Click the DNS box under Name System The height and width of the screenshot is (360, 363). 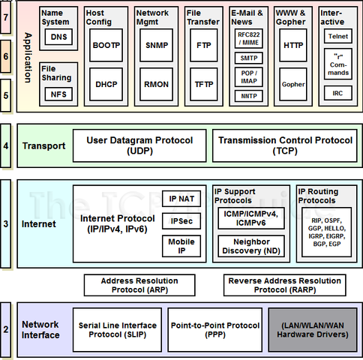[x=58, y=37]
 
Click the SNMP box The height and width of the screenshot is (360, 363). [x=156, y=46]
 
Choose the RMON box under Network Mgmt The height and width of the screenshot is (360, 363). [x=156, y=85]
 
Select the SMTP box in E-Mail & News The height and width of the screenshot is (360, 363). [x=248, y=57]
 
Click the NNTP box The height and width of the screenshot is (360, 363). [x=248, y=96]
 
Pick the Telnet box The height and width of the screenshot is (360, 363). [x=337, y=34]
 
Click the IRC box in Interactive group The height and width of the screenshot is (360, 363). [x=337, y=93]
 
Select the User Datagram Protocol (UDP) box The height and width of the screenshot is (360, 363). [x=139, y=145]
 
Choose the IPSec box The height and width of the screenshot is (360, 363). [x=181, y=222]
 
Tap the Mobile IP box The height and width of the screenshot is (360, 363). [x=181, y=247]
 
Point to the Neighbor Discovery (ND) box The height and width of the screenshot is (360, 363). [x=251, y=246]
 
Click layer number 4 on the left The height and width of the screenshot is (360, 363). [x=6, y=145]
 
